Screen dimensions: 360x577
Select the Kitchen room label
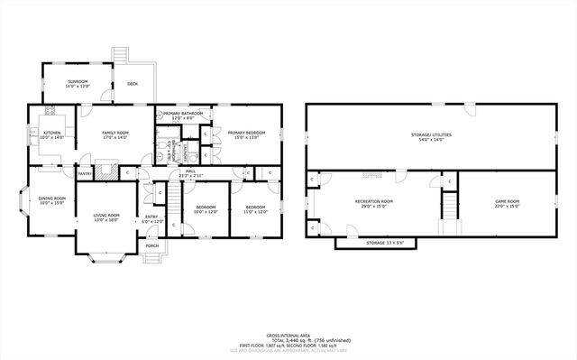(52, 134)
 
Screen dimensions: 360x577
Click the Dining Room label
(51, 200)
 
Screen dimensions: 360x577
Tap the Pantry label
(84, 173)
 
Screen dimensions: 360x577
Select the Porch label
(152, 245)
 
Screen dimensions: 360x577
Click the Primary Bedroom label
(243, 134)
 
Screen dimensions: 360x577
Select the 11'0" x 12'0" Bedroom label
(256, 210)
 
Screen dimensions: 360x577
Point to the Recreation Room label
(373, 203)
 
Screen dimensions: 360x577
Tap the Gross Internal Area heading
(288, 335)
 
